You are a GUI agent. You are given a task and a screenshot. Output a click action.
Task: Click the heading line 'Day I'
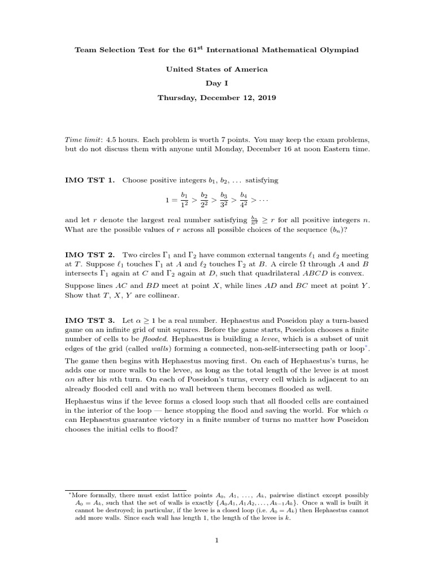tap(216, 83)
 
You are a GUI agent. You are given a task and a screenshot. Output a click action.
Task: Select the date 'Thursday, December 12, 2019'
tap(216, 97)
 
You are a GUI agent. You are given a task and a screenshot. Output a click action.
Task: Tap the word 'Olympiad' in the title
tap(336, 50)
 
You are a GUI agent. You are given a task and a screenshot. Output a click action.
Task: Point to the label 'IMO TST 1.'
tap(90, 180)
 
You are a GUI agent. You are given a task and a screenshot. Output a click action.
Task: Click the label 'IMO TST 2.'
tap(90, 256)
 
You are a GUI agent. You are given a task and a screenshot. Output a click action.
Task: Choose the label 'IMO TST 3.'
tap(90, 320)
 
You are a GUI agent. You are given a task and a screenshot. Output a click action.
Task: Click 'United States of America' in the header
tap(216, 69)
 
